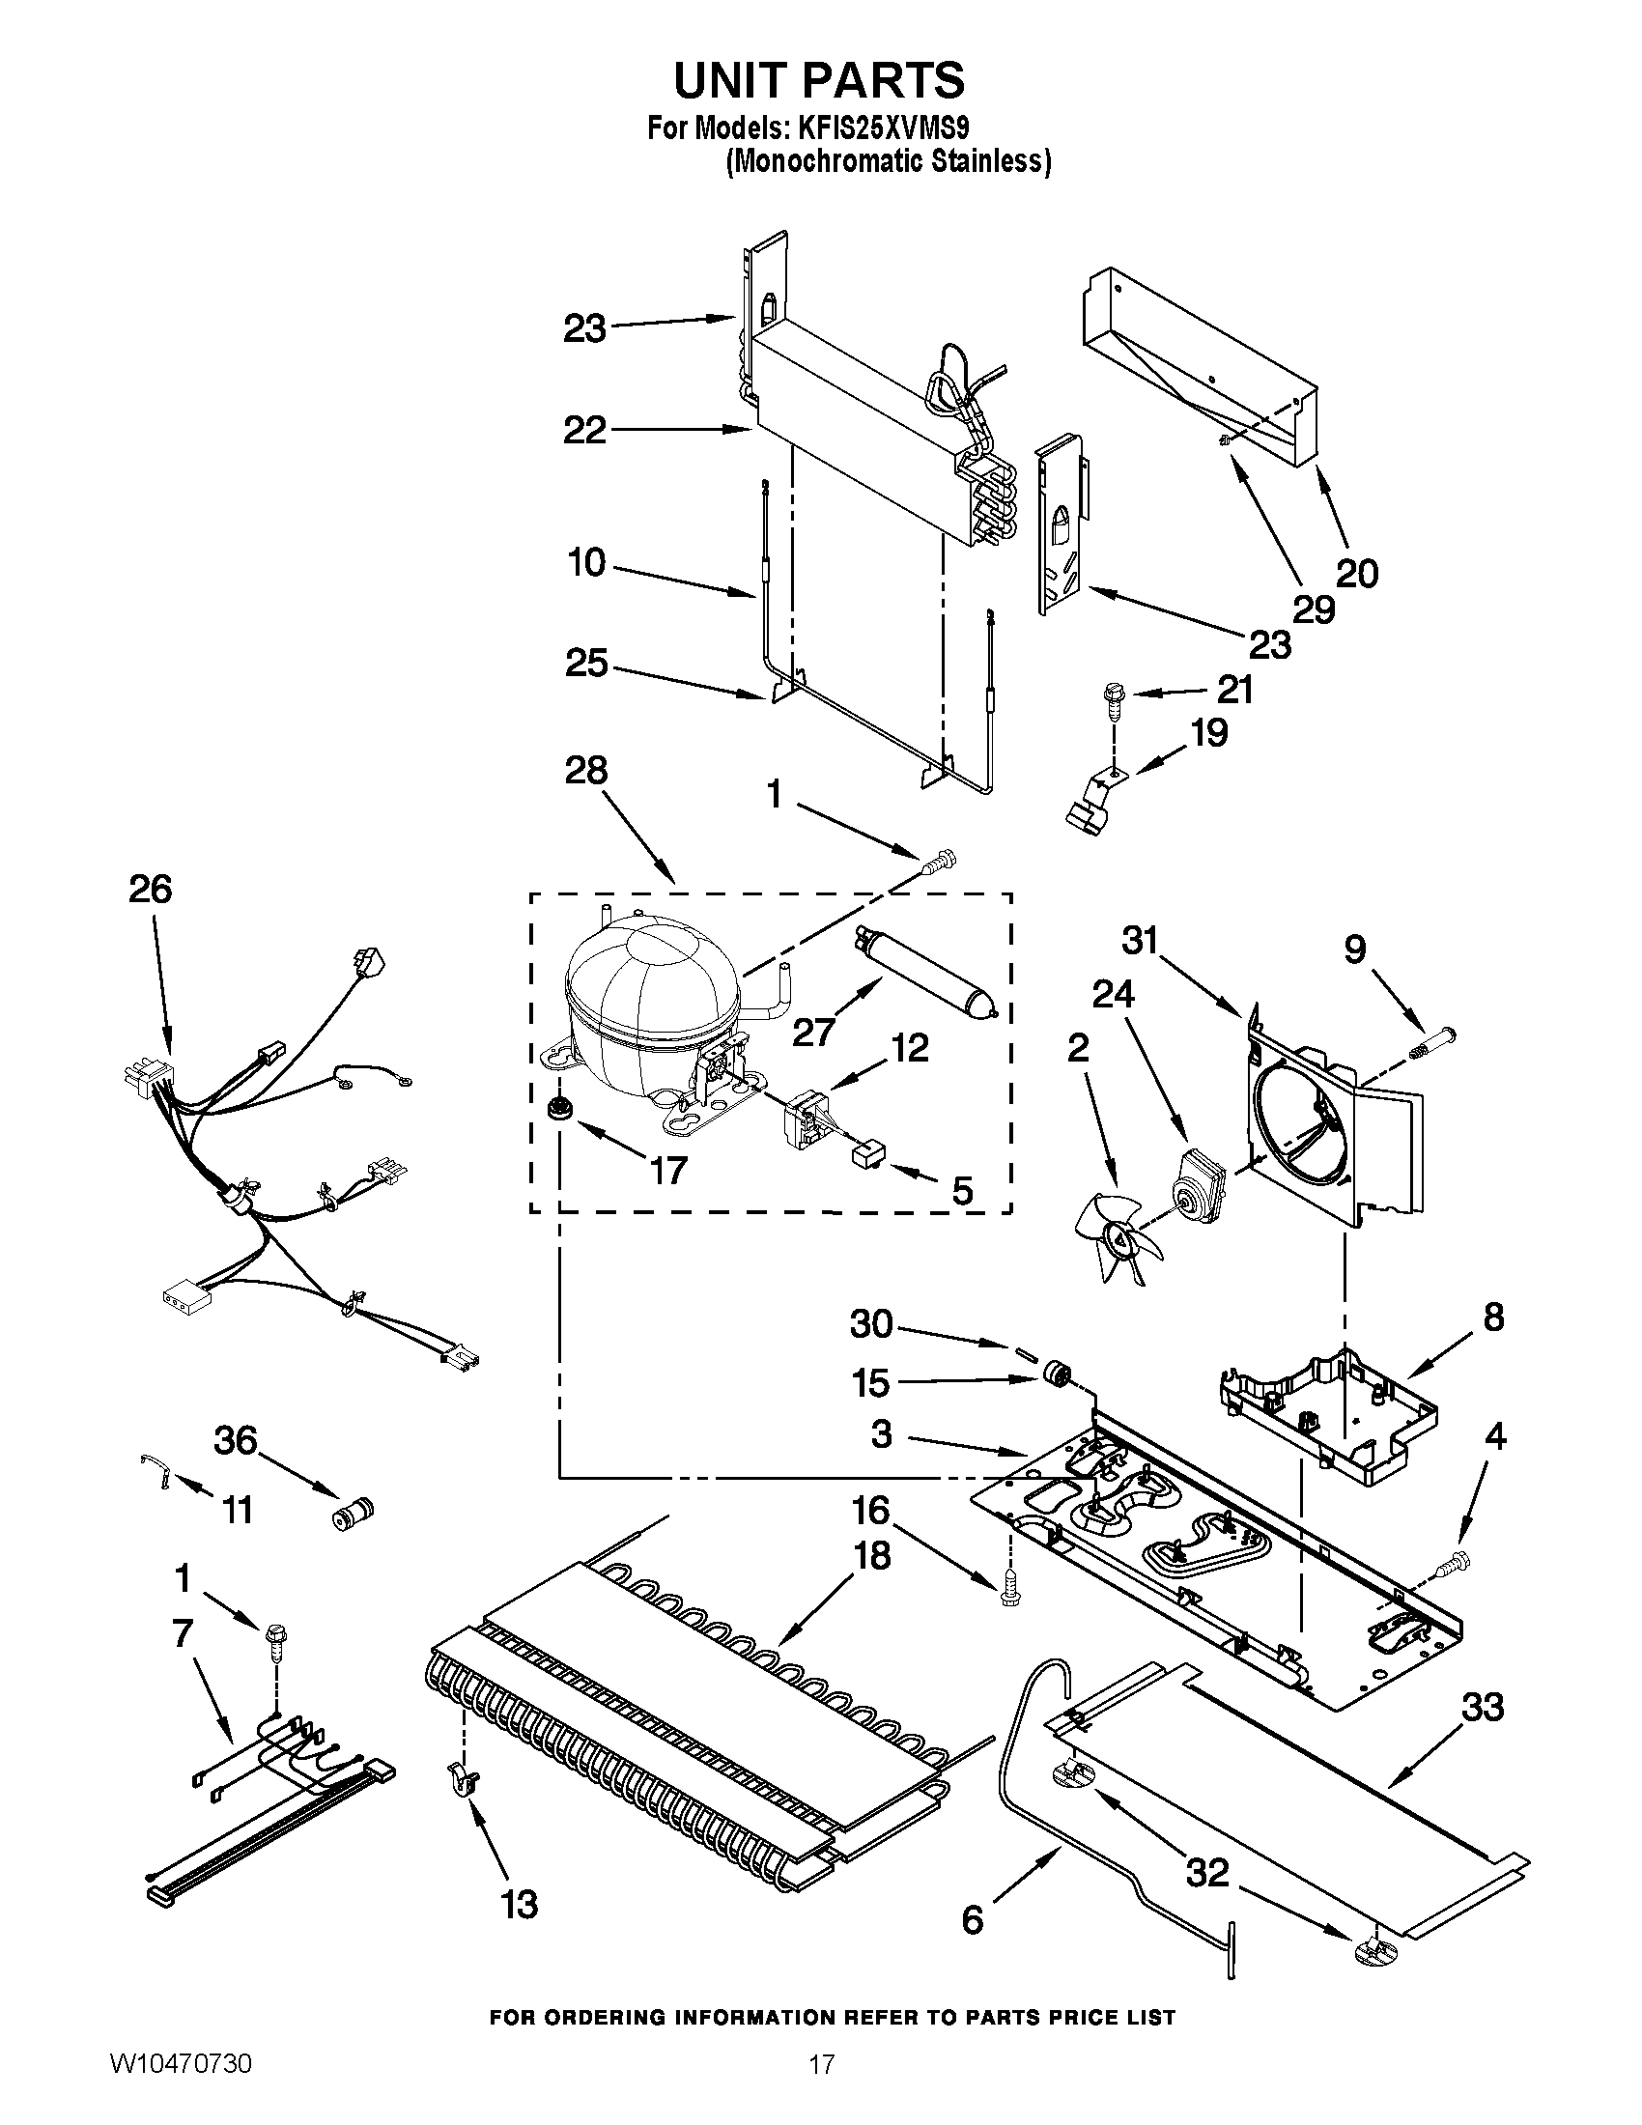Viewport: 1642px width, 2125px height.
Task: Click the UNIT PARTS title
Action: coord(819,81)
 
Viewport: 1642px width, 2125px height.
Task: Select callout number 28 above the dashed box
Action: coord(585,771)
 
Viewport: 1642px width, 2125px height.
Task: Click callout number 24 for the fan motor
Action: coord(1113,993)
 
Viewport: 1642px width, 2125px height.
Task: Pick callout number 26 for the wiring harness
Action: coord(151,890)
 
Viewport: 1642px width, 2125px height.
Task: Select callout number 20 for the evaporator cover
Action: coord(1357,574)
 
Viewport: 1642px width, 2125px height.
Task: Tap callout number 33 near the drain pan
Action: coord(1483,1707)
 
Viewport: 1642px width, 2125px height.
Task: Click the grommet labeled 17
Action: coord(558,1106)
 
